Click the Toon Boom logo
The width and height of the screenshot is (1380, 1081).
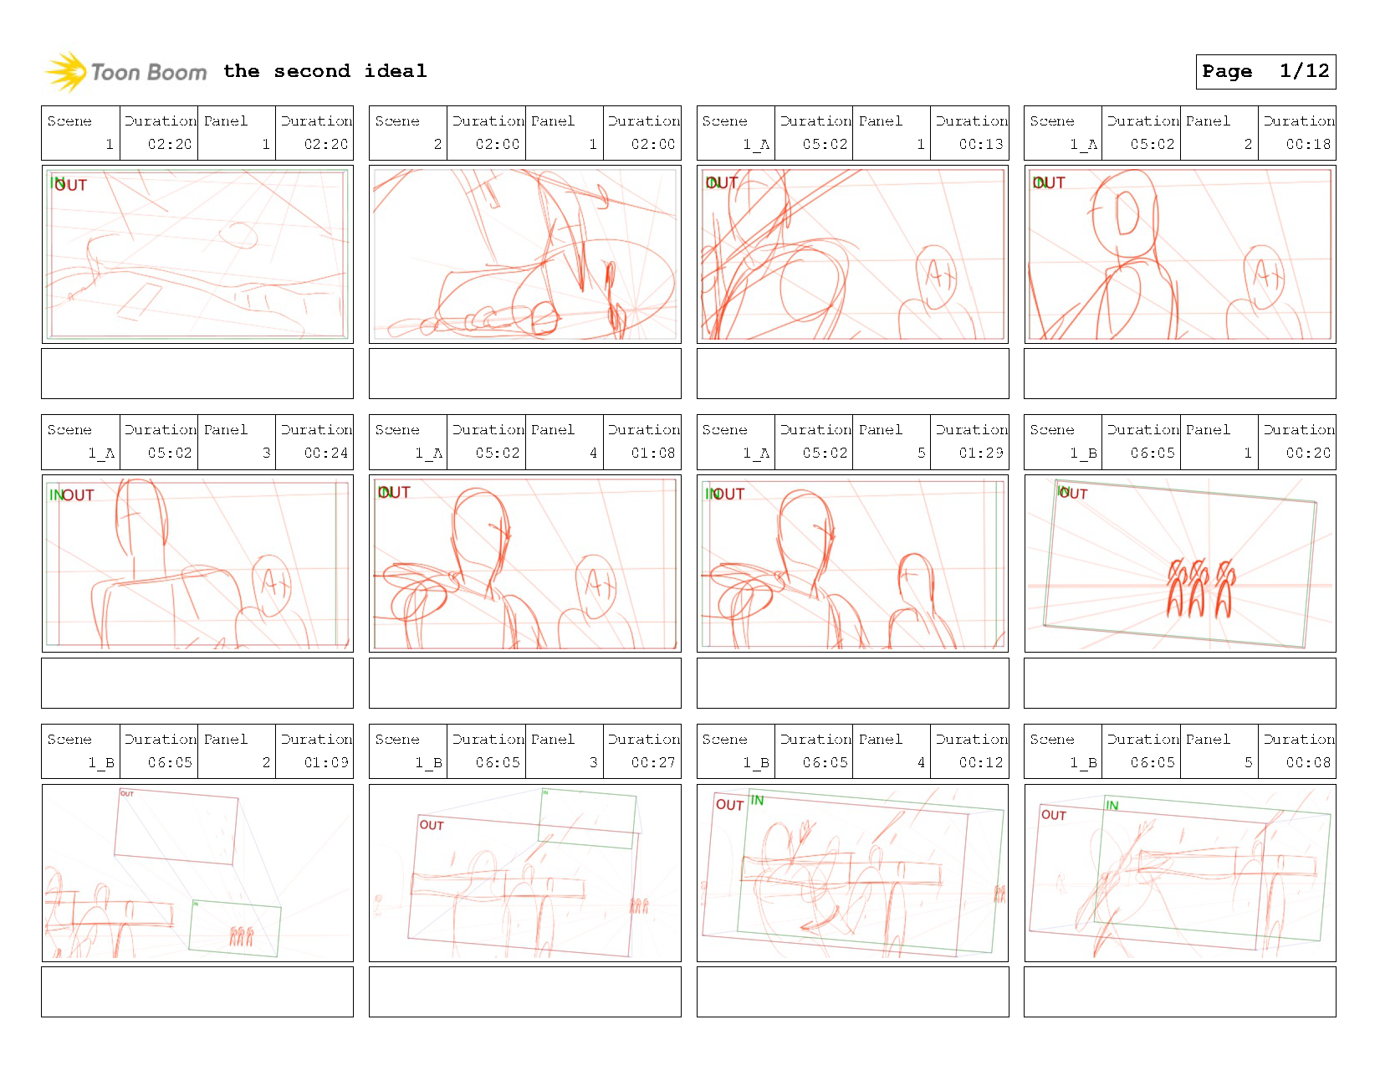[125, 72]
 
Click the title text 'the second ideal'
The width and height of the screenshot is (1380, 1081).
[325, 71]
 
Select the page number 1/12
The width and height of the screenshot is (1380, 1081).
[1304, 71]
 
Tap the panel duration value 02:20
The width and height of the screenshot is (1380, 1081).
[325, 144]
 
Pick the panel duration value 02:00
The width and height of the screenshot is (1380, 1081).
[652, 144]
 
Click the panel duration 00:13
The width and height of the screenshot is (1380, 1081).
[980, 144]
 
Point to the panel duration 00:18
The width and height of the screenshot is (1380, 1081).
[1308, 144]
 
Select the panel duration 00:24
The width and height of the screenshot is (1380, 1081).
[325, 453]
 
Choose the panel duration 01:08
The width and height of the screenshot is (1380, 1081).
[652, 453]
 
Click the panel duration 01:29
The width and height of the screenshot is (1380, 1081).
[980, 453]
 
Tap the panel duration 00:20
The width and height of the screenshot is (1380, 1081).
[1308, 453]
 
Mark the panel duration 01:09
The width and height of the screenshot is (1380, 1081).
[325, 762]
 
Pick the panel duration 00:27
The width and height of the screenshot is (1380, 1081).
[652, 762]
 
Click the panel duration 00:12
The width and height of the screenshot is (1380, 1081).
[980, 762]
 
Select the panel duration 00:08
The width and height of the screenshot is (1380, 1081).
[1308, 762]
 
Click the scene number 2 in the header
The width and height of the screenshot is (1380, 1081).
[437, 144]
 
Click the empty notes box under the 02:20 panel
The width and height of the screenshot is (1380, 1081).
[197, 373]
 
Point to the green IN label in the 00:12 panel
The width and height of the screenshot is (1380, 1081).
[757, 801]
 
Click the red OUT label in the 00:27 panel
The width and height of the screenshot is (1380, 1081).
[432, 825]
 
